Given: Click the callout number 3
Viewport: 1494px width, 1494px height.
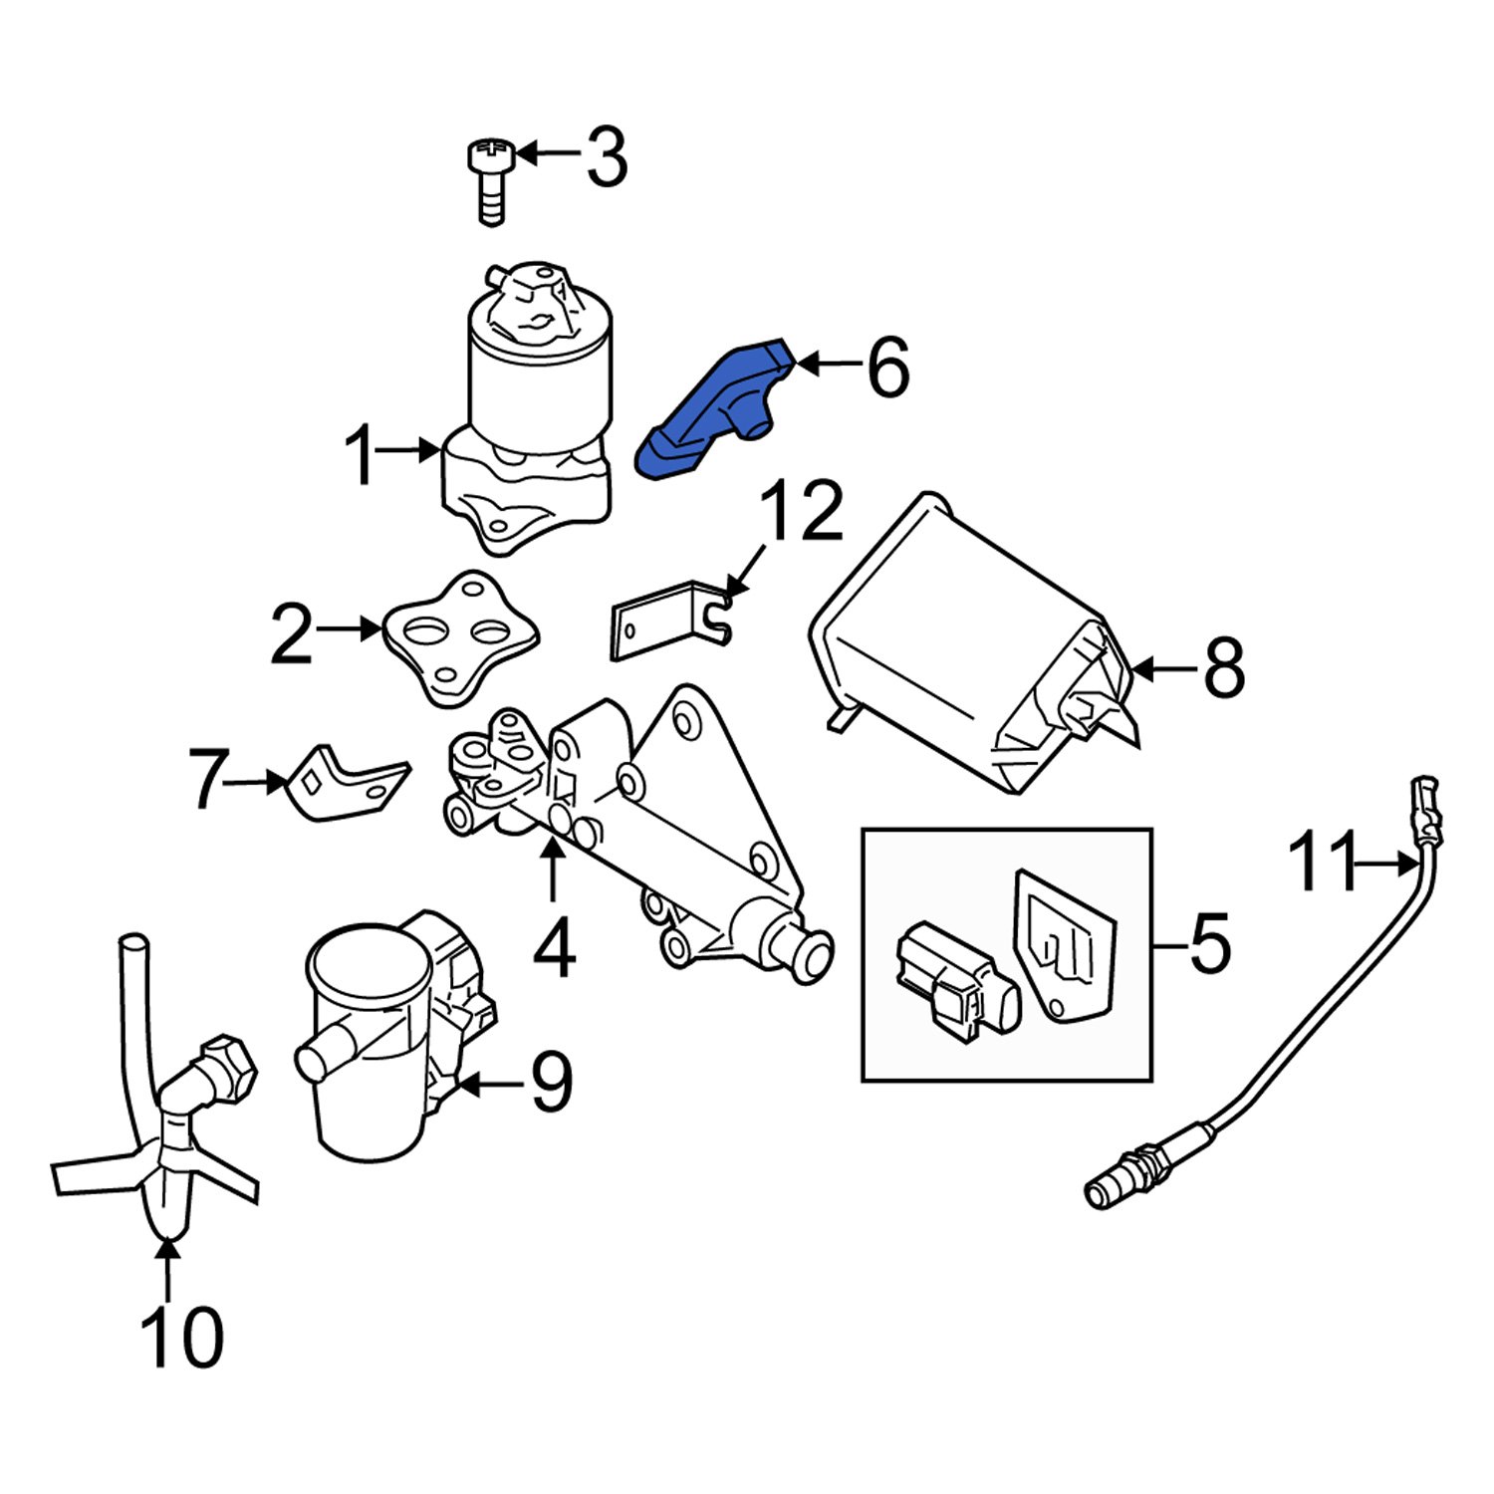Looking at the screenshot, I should pos(607,157).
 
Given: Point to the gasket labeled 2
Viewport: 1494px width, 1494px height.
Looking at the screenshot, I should pos(460,637).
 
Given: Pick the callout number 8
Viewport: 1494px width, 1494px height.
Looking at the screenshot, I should pos(1224,668).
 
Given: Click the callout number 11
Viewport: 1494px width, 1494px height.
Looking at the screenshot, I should pos(1323,863).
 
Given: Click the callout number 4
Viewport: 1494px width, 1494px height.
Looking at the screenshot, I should pos(554,949).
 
